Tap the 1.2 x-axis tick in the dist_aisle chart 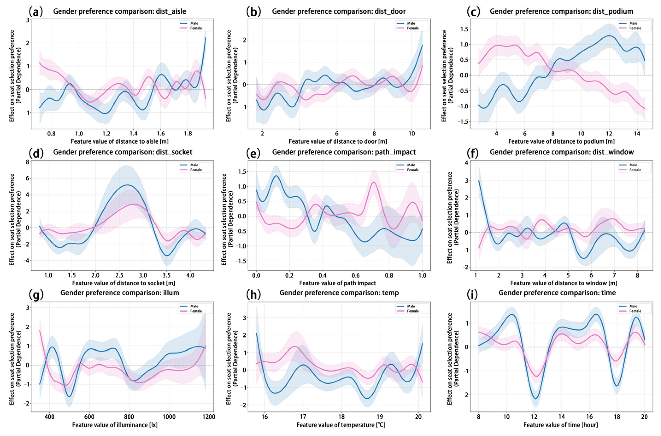point(106,133)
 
